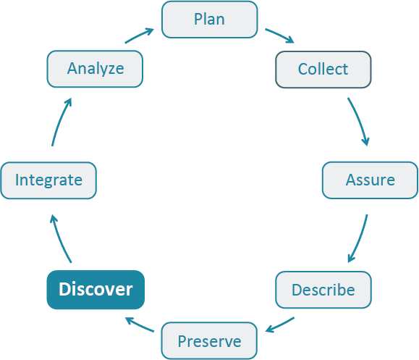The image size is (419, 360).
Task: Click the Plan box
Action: (209, 20)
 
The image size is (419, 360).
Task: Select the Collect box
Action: (323, 70)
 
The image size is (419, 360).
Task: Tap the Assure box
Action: (370, 180)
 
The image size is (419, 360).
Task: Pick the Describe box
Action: (323, 290)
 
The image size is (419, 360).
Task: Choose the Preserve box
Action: (209, 340)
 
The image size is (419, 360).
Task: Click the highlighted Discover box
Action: (96, 290)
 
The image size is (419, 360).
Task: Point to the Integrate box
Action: (48, 180)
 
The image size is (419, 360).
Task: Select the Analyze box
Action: (95, 70)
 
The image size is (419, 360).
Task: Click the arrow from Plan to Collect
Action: (279, 36)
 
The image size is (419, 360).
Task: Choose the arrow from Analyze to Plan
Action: (139, 36)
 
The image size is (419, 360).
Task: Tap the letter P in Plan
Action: (198, 20)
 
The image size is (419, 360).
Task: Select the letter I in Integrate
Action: (17, 180)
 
